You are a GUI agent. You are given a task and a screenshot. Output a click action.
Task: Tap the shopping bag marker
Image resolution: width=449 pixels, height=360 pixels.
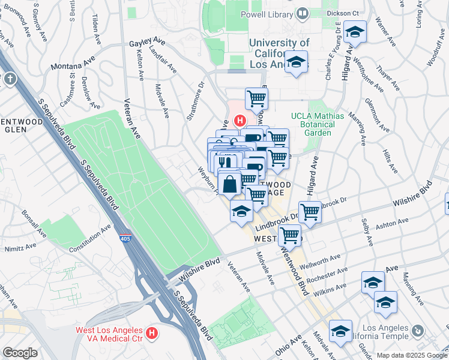point(230,184)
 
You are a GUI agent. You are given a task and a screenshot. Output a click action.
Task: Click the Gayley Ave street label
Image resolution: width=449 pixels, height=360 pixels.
point(147,42)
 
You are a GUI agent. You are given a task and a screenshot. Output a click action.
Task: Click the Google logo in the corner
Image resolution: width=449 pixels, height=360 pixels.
point(20,353)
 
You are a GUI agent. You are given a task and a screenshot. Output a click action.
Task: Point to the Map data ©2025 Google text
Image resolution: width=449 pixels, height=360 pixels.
point(412,355)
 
